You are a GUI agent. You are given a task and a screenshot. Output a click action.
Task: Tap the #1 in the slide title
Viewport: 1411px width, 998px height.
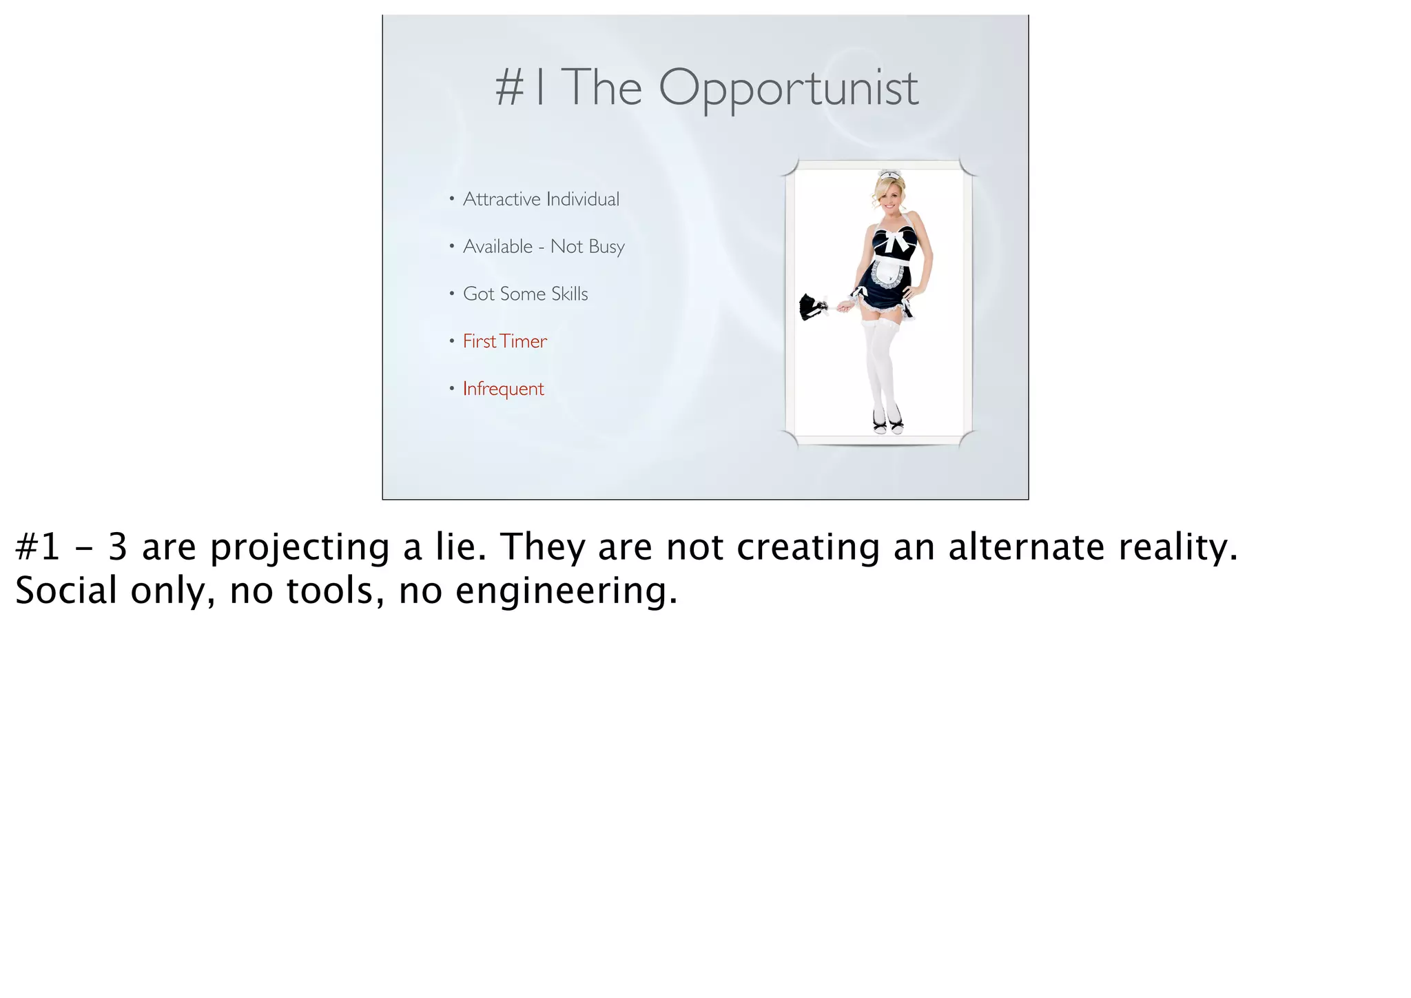(x=521, y=88)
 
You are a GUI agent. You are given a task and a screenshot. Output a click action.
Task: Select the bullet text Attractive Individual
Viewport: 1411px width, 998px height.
(x=541, y=199)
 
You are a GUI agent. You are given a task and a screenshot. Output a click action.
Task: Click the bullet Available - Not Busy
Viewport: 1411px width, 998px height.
(x=544, y=247)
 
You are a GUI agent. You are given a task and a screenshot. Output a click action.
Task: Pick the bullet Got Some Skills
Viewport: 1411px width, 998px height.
(x=525, y=294)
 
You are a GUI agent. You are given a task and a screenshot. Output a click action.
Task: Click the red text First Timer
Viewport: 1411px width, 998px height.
(x=504, y=341)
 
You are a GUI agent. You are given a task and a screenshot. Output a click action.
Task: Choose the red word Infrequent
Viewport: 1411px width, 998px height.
(x=503, y=389)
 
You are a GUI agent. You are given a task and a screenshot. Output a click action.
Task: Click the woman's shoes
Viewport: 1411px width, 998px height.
(x=888, y=422)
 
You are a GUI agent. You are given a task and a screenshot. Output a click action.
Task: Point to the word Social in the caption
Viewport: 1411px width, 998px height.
(x=66, y=591)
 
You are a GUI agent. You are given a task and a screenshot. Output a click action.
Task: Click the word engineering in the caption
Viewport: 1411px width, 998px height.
(x=566, y=592)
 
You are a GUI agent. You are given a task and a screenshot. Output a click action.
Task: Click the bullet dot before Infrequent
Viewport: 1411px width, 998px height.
(x=451, y=389)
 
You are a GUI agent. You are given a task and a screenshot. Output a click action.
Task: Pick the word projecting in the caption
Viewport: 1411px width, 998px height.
(x=300, y=549)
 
